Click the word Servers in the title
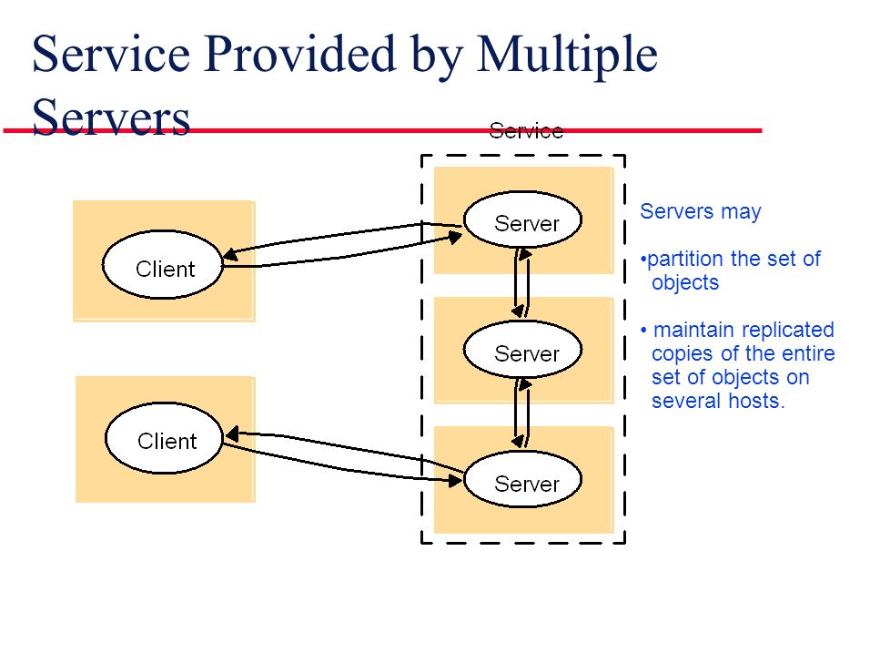111,117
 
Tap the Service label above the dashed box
526,131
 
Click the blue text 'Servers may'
700,211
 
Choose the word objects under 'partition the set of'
685,283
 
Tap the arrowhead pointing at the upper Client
230,254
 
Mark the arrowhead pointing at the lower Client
232,434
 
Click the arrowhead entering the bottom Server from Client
456,480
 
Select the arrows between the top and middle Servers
521,283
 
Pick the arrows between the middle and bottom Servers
521,413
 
